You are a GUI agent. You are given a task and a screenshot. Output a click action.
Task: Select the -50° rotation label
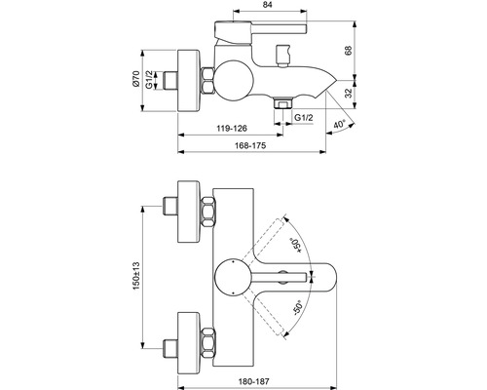pos(295,314)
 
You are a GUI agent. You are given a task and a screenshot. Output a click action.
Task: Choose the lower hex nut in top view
pos(208,342)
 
